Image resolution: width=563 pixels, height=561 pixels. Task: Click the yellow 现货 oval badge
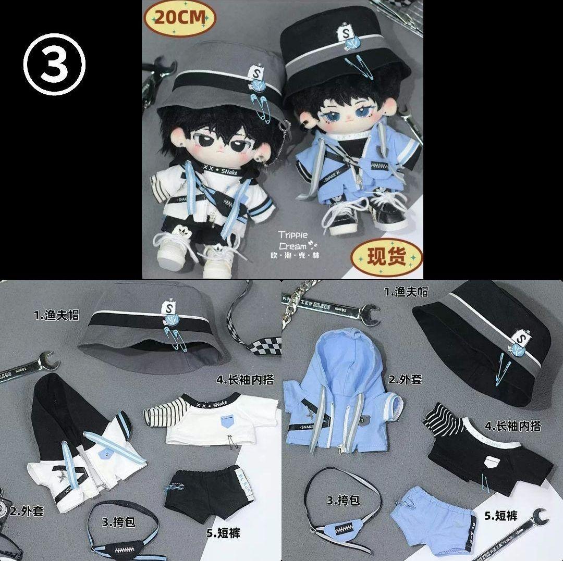pyautogui.click(x=387, y=256)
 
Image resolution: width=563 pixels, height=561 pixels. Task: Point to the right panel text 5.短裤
pyautogui.click(x=501, y=516)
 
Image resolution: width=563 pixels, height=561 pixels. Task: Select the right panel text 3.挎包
pyautogui.click(x=344, y=501)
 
